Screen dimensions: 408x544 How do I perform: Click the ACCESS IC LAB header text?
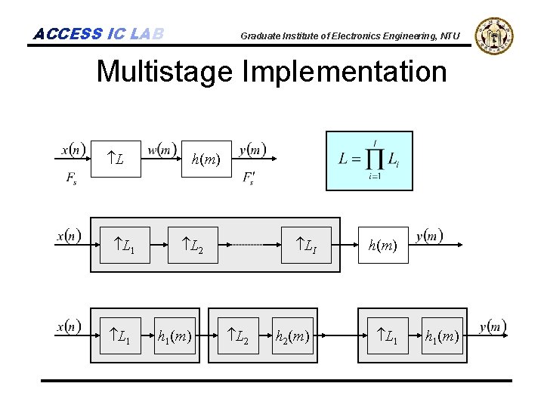(99, 34)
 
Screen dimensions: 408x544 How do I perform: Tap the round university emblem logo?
(495, 36)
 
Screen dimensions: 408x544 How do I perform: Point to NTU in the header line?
(450, 36)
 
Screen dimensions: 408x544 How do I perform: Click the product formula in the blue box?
(369, 160)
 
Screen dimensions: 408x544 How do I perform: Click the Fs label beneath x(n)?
(70, 178)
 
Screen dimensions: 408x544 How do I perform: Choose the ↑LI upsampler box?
(307, 246)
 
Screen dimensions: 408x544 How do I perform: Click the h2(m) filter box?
(292, 335)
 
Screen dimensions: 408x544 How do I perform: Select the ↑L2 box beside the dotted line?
(193, 246)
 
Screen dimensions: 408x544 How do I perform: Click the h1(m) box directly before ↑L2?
(173, 335)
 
